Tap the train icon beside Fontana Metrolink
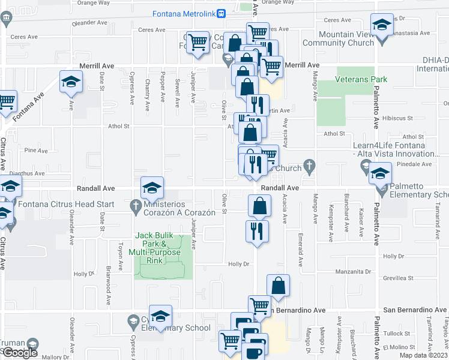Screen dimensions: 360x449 [x=221, y=13]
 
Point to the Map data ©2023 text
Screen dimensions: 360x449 [x=422, y=355]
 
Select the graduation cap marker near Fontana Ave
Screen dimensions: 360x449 [x=71, y=82]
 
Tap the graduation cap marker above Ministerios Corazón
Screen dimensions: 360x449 [x=152, y=188]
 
